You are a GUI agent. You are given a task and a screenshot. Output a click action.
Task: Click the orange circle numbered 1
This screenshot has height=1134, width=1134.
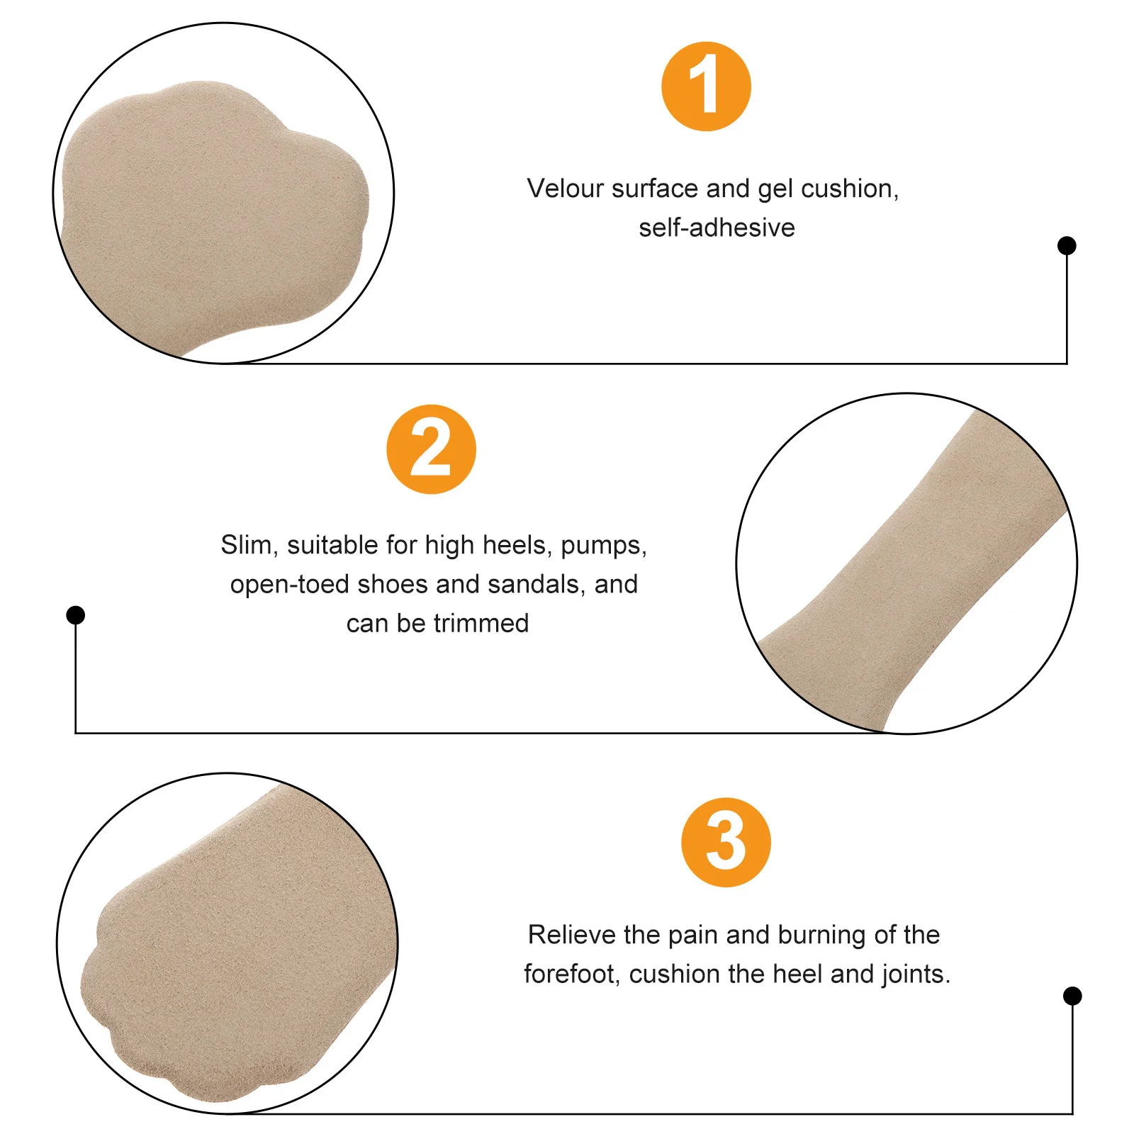coord(706,86)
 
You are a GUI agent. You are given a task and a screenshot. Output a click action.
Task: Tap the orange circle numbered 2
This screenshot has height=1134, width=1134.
coord(431,449)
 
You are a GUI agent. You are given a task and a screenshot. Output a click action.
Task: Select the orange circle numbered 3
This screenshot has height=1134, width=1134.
coord(726,842)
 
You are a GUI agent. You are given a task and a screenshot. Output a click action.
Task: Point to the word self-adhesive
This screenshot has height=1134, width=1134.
coord(717,228)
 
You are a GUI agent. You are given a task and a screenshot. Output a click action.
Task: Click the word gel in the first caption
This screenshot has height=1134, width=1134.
coord(775,190)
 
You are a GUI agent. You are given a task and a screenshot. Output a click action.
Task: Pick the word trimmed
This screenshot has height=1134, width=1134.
coord(481,623)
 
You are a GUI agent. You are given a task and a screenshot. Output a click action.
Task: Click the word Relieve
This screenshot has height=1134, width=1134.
coord(572,935)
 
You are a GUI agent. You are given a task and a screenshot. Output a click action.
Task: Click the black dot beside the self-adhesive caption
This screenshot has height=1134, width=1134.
coord(1066,246)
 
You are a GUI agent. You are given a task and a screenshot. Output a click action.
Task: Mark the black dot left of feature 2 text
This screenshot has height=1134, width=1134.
coord(76,614)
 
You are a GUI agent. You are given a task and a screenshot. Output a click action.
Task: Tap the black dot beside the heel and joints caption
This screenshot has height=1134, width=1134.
coord(1072,996)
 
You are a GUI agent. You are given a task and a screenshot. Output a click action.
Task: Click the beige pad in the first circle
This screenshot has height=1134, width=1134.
coord(213,213)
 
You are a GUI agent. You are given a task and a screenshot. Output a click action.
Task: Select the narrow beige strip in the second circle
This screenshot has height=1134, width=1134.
coord(914,567)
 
